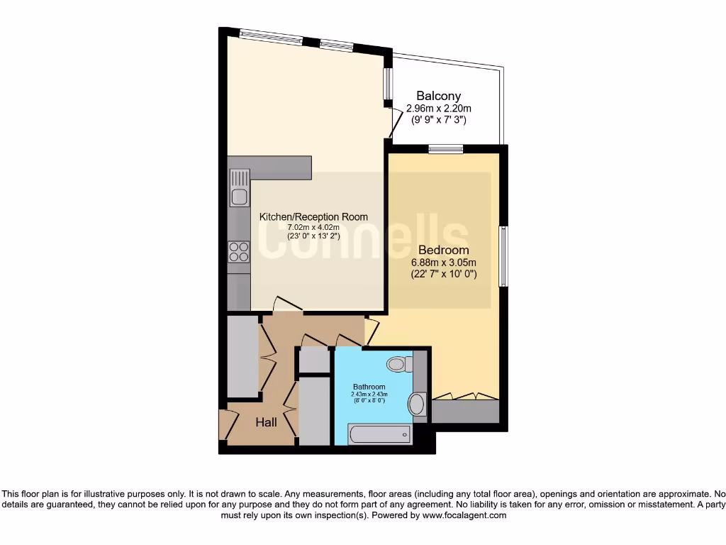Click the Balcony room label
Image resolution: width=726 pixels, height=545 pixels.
438,96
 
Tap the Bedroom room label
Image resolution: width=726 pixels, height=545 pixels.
443,250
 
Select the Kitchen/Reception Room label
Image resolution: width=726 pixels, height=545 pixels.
313,216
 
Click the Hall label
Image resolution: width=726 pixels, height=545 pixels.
266,422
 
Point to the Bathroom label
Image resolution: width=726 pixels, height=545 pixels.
369,387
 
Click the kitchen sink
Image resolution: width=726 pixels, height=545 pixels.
239,189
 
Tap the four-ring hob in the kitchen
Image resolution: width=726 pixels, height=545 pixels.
239,252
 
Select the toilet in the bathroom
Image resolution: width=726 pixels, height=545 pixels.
400,365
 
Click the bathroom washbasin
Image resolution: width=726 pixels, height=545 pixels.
416,404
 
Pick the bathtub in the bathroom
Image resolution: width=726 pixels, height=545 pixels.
380,434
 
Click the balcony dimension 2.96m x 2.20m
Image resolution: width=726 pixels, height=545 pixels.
438,109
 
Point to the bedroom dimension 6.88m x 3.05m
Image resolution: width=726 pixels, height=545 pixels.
443,263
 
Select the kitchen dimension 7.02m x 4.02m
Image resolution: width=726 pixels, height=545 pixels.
313,226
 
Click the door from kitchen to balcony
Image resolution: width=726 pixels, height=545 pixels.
389,123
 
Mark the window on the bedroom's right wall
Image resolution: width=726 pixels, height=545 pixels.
503,256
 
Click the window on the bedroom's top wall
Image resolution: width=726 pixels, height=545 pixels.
446,148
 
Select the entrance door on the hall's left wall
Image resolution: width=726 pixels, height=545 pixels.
226,424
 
